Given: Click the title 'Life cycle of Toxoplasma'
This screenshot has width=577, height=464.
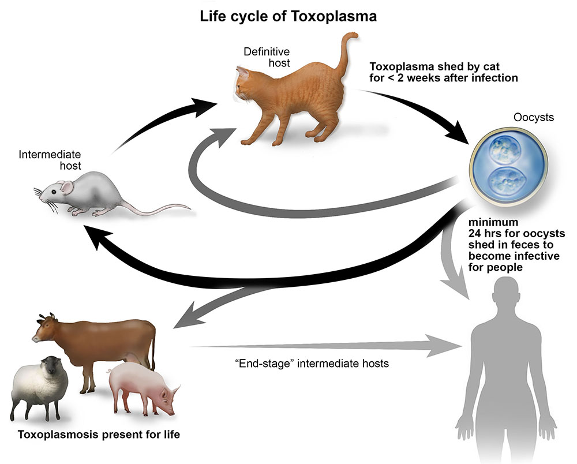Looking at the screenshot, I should click(288, 16).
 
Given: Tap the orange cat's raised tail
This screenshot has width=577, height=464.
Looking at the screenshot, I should click(346, 55).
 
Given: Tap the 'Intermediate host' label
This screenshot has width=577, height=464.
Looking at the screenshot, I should click(50, 160).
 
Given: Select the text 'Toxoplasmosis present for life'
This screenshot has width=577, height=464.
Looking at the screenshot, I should click(99, 435).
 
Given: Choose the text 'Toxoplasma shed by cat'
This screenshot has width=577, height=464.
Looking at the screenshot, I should click(426, 65).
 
